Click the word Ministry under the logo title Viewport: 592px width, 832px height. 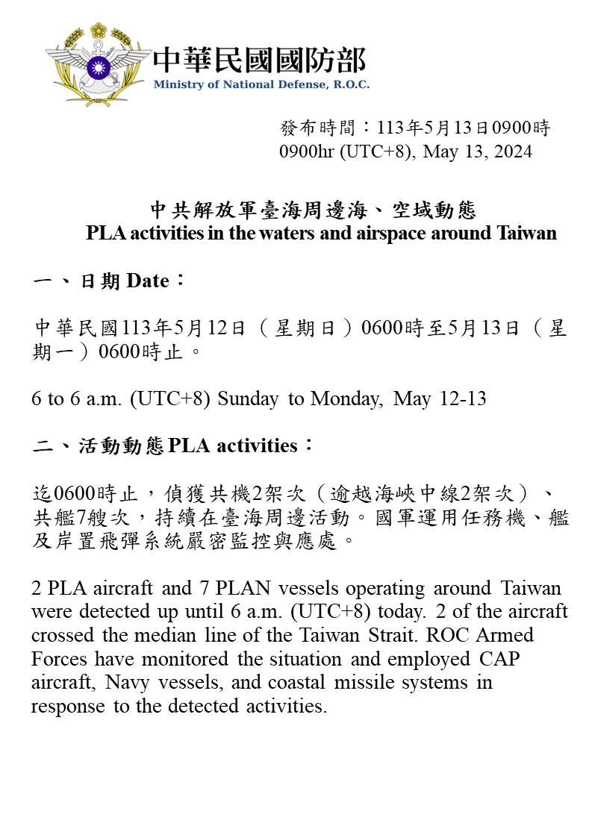pos(174,84)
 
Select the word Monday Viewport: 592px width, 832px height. pos(347,398)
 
